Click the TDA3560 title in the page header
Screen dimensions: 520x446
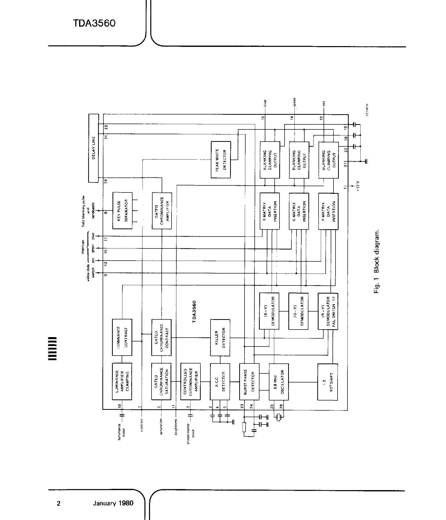pyautogui.click(x=94, y=23)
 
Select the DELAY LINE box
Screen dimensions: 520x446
pyautogui.click(x=93, y=148)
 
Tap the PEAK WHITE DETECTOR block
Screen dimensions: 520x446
pyautogui.click(x=221, y=160)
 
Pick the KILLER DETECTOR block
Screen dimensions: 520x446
pyautogui.click(x=220, y=338)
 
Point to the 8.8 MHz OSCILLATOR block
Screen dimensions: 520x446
pyautogui.click(x=279, y=382)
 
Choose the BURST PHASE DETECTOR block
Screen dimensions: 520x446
pyautogui.click(x=249, y=382)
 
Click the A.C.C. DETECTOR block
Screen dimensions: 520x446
pyautogui.click(x=220, y=382)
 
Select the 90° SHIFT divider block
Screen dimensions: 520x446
pyautogui.click(x=327, y=382)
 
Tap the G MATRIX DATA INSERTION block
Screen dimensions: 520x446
pyautogui.click(x=299, y=211)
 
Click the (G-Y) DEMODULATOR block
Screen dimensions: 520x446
pyautogui.click(x=298, y=311)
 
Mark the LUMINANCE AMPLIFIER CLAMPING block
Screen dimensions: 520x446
pyautogui.click(x=122, y=382)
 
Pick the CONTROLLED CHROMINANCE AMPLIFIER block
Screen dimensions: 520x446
pyautogui.click(x=190, y=382)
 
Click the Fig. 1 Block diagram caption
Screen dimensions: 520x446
pyautogui.click(x=377, y=262)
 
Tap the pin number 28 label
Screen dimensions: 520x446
pyautogui.click(x=106, y=181)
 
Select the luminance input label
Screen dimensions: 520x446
pyautogui.click(x=122, y=430)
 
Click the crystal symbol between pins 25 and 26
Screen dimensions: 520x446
pyautogui.click(x=279, y=417)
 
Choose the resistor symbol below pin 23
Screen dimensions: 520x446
pyautogui.click(x=244, y=427)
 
